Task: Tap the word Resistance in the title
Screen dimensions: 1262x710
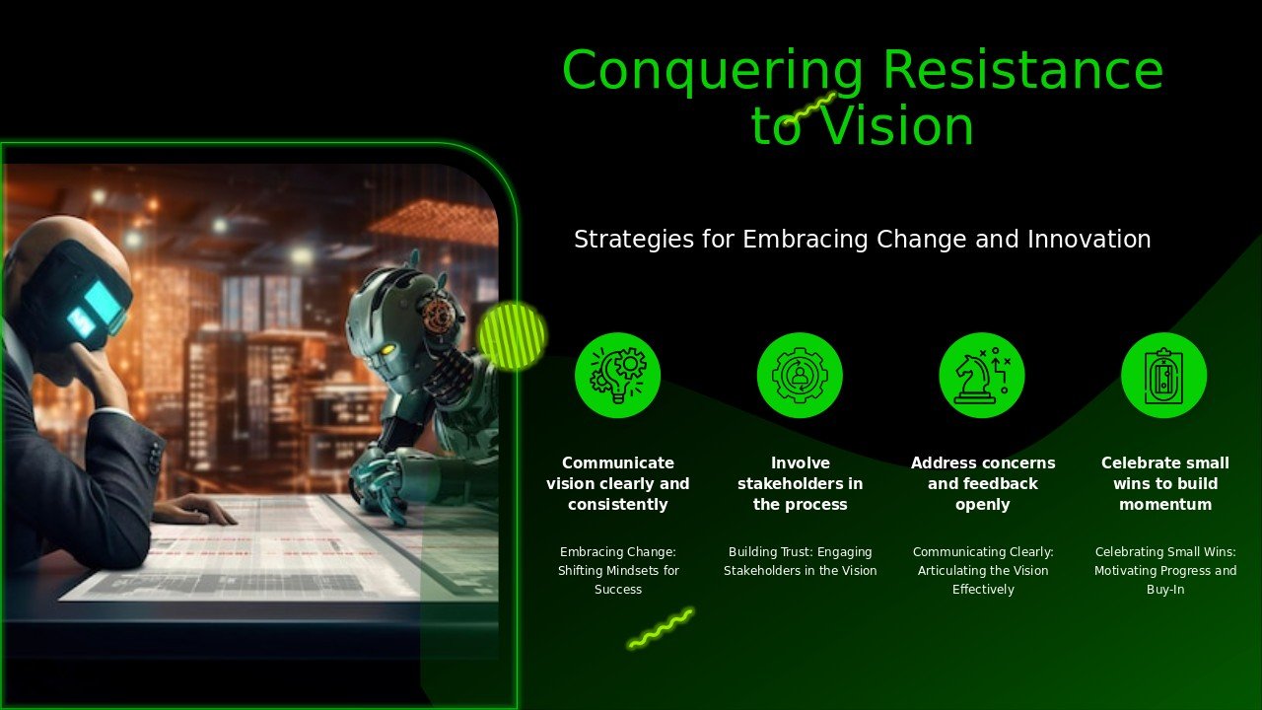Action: tap(1023, 69)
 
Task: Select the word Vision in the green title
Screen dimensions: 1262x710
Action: tap(897, 125)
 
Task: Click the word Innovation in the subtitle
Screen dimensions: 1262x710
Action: tap(1089, 240)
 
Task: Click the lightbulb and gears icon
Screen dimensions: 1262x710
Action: tap(617, 376)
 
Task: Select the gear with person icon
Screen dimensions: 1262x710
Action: tap(800, 376)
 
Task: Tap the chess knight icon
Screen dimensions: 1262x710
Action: tap(982, 376)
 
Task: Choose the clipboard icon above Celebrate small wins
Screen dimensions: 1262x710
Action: tap(1164, 376)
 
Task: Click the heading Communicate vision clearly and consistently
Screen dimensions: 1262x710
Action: tap(618, 483)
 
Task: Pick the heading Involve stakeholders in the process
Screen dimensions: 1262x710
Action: tap(800, 483)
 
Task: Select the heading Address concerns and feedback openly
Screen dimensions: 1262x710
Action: tap(983, 483)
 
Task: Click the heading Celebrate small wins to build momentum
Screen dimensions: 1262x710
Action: tap(1165, 483)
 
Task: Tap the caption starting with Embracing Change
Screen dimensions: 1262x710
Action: tap(618, 570)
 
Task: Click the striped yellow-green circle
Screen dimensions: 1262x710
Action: tap(512, 336)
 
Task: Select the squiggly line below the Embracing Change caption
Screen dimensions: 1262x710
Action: tap(661, 628)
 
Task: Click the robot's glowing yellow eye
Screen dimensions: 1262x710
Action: tap(387, 349)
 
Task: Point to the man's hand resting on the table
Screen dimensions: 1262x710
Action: tap(194, 511)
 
